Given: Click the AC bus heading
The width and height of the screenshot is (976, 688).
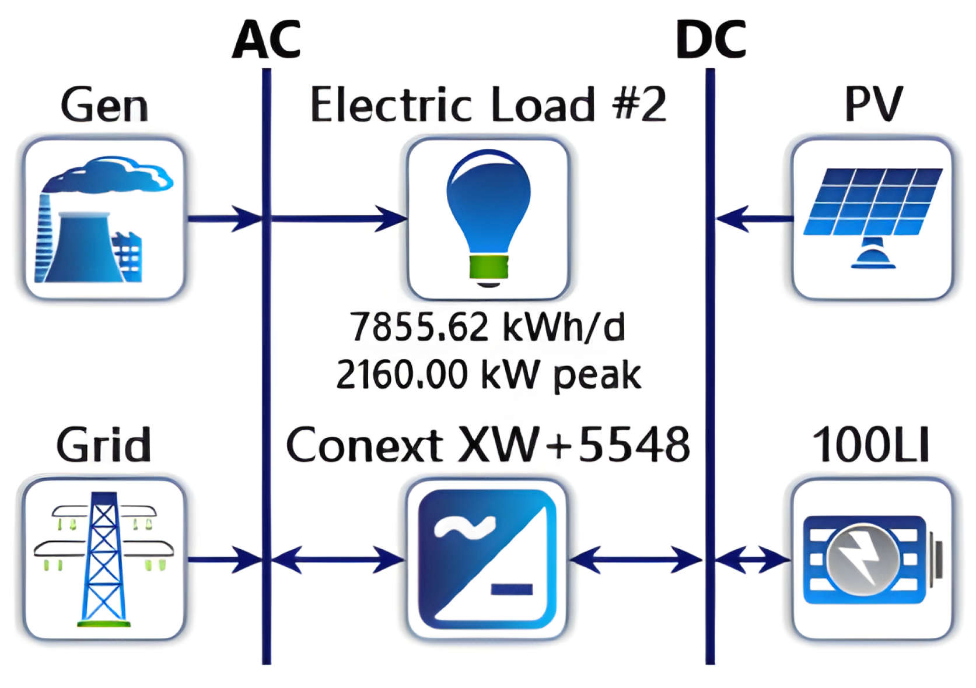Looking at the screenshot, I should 267,40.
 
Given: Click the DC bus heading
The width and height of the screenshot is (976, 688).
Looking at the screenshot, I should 711,40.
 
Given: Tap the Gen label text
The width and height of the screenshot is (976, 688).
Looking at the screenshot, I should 104,105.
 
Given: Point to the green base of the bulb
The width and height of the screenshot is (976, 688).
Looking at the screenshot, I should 488,266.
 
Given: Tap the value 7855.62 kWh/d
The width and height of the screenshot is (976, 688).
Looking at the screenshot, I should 488,327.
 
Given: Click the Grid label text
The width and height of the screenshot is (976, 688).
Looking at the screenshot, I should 104,445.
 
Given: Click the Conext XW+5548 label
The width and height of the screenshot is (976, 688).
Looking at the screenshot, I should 488,445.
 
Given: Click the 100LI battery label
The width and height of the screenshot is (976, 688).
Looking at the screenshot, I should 871,445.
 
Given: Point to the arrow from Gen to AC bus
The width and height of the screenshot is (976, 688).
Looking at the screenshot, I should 225,219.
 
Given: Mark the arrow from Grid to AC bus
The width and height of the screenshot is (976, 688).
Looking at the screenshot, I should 225,560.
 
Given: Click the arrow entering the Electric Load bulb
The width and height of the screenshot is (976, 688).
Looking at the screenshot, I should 338,219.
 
